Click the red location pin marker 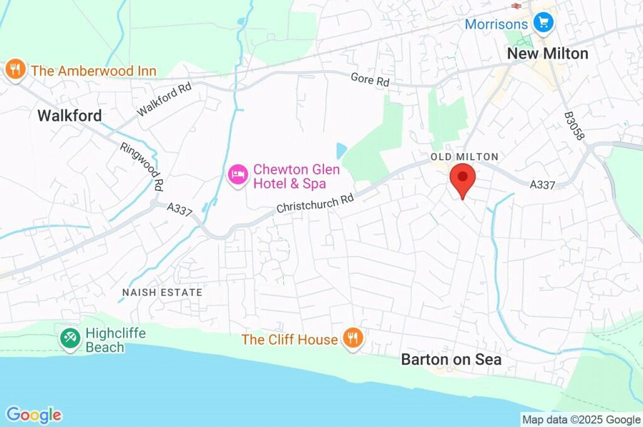click(463, 178)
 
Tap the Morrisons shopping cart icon click(542, 24)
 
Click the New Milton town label click(548, 54)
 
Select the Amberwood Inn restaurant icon click(14, 70)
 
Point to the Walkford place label click(69, 116)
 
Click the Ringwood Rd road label click(142, 165)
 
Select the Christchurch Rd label click(316, 202)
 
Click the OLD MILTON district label click(464, 156)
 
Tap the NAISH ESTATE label click(162, 293)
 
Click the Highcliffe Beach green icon click(69, 338)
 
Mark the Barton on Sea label click(451, 360)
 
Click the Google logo click(34, 414)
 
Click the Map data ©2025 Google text click(581, 419)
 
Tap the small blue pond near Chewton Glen click(341, 151)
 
